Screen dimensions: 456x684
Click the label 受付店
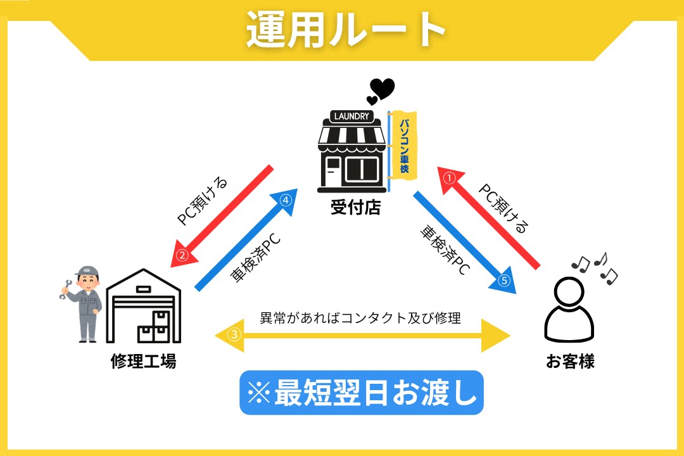pos(355,207)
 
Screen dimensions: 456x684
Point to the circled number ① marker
pos(449,178)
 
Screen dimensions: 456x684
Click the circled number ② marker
pos(182,256)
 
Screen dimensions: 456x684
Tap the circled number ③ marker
pos(235,335)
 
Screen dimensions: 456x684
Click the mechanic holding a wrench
pos(83,303)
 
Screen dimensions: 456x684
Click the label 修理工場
pos(143,362)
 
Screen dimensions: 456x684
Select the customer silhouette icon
pos(569,310)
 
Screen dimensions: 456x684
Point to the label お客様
pos(570,362)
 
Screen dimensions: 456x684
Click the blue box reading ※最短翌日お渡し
pos(362,393)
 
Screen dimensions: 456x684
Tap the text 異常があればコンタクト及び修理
pos(360,317)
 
